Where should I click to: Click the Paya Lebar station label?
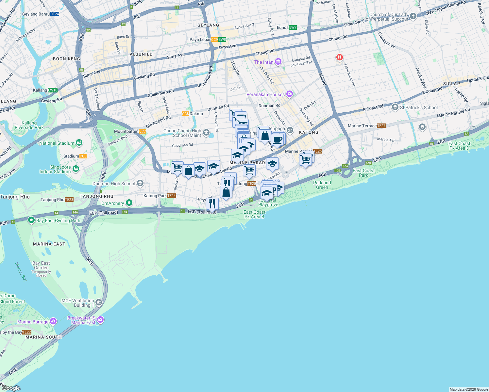(x=208, y=40)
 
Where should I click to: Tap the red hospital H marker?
(x=339, y=57)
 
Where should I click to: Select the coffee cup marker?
(x=278, y=140)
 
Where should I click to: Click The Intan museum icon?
(x=278, y=62)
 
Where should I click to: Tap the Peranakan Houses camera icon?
(x=289, y=94)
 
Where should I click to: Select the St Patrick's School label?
(x=418, y=107)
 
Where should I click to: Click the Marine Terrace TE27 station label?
(x=366, y=126)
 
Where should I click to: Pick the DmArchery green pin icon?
(x=129, y=203)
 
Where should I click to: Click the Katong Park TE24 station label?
(x=160, y=196)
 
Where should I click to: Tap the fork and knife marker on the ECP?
(x=212, y=204)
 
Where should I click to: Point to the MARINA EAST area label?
(x=49, y=244)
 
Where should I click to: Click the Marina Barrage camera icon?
(x=53, y=321)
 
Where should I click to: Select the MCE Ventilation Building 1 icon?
(x=99, y=302)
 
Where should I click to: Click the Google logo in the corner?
(x=11, y=388)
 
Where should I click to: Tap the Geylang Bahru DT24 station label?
(x=41, y=14)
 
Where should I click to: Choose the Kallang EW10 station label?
(x=45, y=90)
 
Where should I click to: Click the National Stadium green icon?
(x=79, y=143)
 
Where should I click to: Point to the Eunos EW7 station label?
(x=287, y=27)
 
